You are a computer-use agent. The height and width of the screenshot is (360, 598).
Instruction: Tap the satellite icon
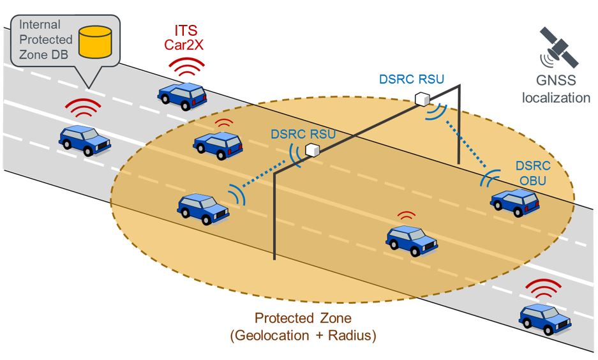558,48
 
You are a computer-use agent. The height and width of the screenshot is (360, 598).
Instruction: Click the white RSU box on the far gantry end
421,99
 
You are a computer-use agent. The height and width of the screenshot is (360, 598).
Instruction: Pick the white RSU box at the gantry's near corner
311,150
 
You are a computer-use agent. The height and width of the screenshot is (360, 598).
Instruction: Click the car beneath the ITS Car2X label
182,94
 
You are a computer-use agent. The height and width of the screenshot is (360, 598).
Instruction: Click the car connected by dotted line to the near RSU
204,207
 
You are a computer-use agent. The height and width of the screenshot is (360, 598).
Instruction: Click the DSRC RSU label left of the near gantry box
302,135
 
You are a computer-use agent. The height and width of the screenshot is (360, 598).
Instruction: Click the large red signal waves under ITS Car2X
188,66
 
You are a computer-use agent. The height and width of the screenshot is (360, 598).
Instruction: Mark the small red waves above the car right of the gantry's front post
405,216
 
